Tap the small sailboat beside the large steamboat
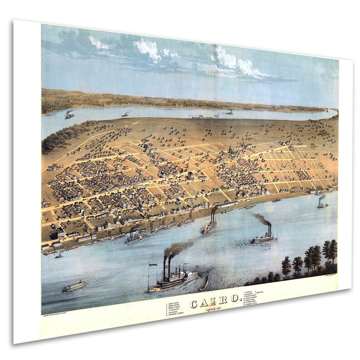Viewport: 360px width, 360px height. pos(204,283)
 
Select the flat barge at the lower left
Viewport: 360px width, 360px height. pos(74,286)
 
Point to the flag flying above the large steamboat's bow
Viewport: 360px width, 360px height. pos(152,264)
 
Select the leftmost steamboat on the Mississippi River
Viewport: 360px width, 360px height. pos(69,116)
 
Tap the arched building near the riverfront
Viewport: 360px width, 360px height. pos(241,195)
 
